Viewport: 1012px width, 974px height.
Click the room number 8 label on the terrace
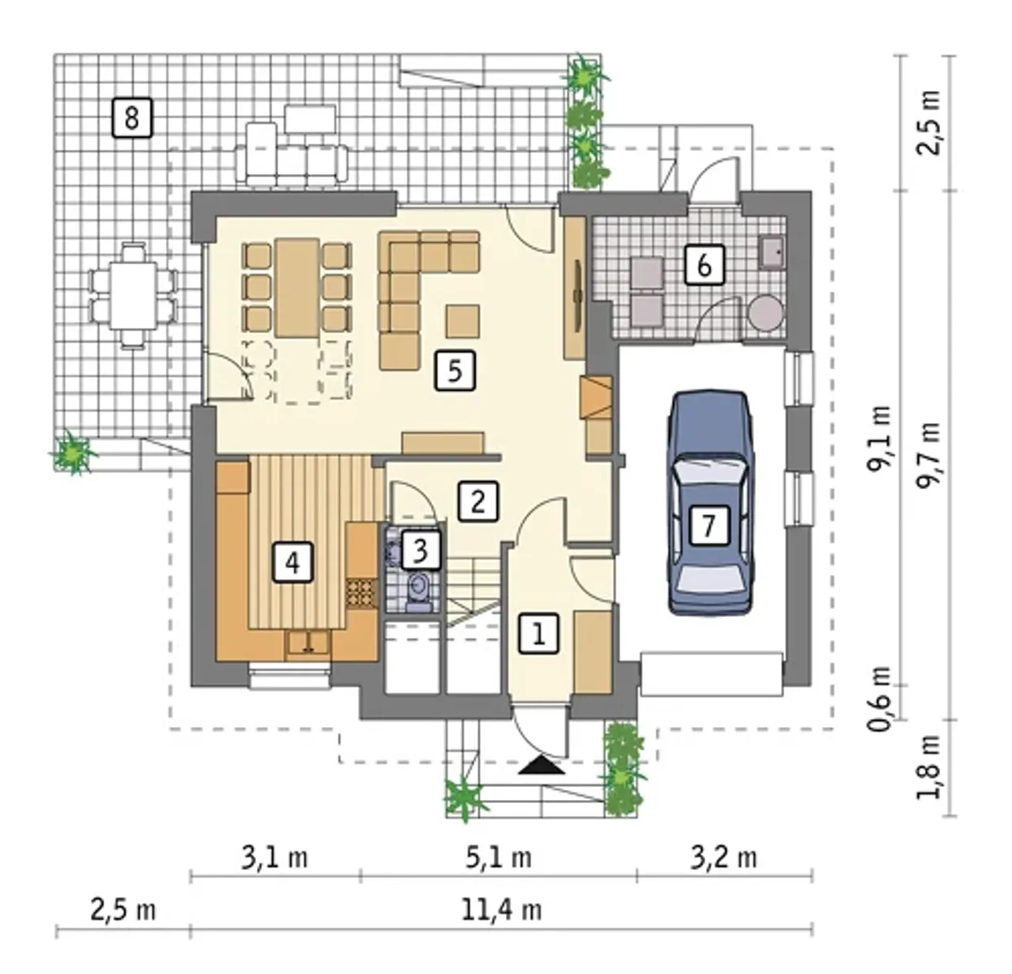pos(132,118)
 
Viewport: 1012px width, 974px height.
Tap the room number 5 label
pos(455,370)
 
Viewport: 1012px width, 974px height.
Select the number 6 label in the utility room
pos(704,265)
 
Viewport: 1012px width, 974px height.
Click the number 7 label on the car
pos(709,525)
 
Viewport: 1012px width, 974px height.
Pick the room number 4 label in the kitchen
pos(293,562)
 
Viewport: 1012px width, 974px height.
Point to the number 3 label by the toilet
pos(421,550)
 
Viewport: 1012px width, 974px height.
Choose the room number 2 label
pos(478,502)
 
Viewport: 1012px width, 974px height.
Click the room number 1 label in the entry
pos(538,634)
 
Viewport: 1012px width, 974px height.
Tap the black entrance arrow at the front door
pos(542,765)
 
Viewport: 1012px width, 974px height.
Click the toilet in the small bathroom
pos(418,593)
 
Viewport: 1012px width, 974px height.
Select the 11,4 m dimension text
pos(500,911)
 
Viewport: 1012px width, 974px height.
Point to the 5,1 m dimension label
pos(498,858)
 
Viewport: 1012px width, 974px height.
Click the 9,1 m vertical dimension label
pos(880,438)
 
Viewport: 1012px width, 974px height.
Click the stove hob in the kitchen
pos(361,593)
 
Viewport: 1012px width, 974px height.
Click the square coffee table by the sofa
pos(463,321)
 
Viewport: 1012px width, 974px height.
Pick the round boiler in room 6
pos(766,313)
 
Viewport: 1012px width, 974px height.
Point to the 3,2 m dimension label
pos(723,858)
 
